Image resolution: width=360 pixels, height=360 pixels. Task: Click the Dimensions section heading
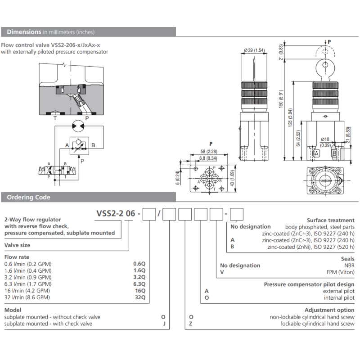point(25,31)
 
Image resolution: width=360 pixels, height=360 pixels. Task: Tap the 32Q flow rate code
point(139,297)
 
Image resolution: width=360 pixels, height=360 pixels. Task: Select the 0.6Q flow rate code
point(139,263)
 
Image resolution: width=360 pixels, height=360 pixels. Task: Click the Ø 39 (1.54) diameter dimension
point(254,50)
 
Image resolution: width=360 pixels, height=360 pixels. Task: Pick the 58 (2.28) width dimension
point(208,151)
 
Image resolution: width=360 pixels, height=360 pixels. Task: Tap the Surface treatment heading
point(331,220)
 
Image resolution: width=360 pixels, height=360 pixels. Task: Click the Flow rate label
point(17,256)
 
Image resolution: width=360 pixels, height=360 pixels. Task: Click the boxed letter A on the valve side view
point(316,153)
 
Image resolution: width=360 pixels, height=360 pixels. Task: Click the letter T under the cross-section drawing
point(55,119)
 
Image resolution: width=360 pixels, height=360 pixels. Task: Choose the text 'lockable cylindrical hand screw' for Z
point(317,324)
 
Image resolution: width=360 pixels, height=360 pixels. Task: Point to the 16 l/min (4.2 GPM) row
point(27,290)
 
